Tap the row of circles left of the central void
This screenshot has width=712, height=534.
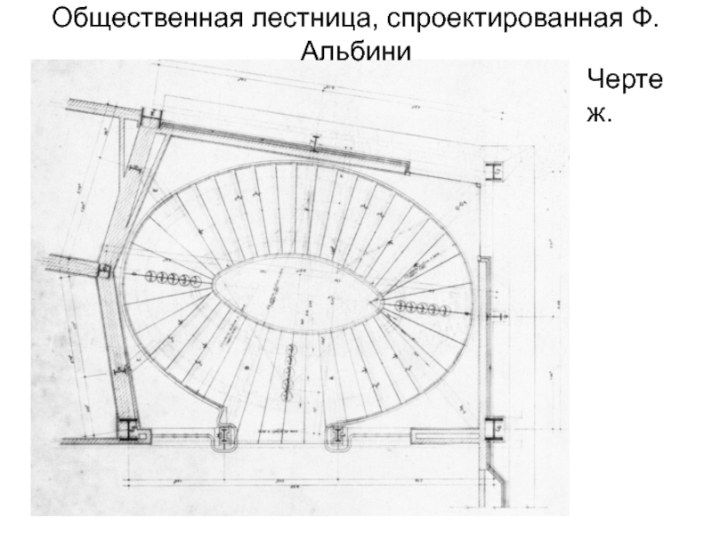point(176,279)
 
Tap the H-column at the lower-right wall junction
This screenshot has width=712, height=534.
point(493,428)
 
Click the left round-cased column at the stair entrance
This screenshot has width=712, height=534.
point(223,435)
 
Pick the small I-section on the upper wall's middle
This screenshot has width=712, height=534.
point(315,142)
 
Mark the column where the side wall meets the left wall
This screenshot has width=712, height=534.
point(104,271)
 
